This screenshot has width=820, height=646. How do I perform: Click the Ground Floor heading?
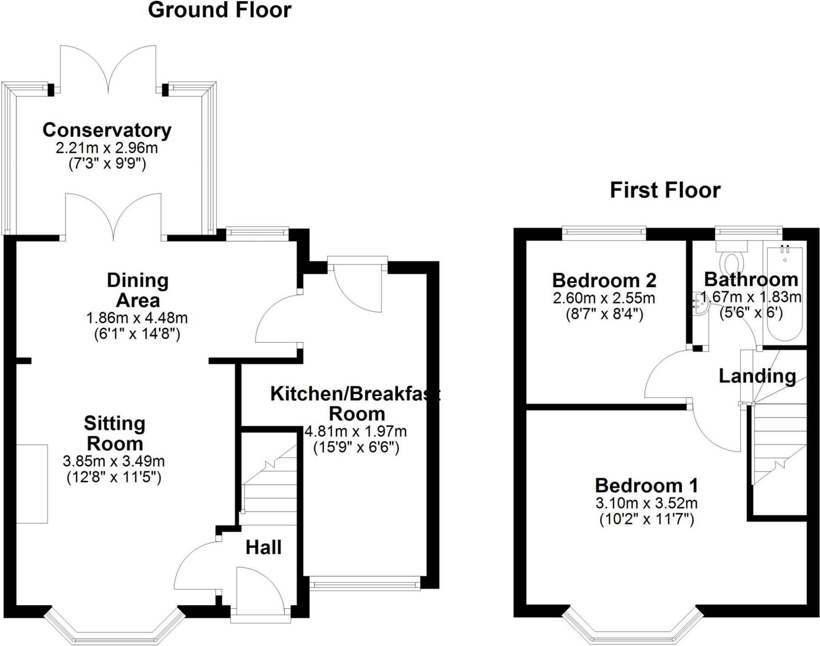[x=219, y=11]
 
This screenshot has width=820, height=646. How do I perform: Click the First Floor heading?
[x=665, y=190]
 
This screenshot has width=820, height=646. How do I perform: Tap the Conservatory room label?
[x=107, y=130]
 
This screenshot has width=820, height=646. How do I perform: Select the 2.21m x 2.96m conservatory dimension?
[x=107, y=148]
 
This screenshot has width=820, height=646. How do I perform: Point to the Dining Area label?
[x=138, y=290]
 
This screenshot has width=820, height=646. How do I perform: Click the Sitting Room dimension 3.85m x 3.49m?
[x=114, y=461]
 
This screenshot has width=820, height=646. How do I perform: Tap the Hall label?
[x=263, y=548]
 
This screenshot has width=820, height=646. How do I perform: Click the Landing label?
[x=757, y=376]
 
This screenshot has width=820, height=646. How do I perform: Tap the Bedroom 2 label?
[x=604, y=280]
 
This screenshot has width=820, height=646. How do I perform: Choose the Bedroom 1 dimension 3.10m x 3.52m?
[x=646, y=503]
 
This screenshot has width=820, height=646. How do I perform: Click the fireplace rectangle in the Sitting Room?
[x=32, y=484]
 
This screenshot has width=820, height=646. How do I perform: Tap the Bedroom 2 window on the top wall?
[x=604, y=232]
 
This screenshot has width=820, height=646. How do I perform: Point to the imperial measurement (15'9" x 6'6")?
[x=356, y=448]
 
